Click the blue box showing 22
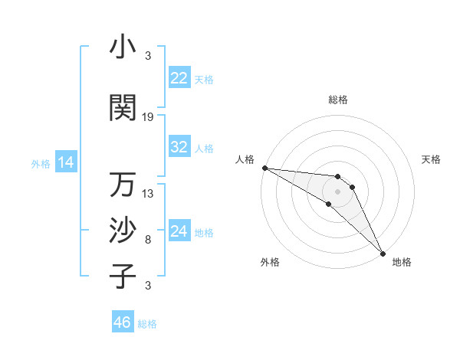[179, 78]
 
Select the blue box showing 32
[179, 147]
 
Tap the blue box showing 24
[179, 231]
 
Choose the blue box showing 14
[66, 162]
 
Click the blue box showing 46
[123, 322]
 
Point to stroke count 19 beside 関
[148, 116]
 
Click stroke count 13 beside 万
[148, 193]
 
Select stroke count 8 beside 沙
[148, 240]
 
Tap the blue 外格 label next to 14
[41, 163]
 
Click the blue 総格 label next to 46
[148, 324]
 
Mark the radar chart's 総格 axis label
[338, 100]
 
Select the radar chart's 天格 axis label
[432, 159]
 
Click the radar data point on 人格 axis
[264, 168]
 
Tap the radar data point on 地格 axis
[383, 252]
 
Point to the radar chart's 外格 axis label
[270, 262]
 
